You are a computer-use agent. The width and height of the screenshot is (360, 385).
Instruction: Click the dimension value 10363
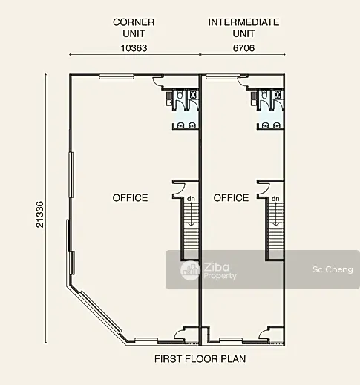(134, 48)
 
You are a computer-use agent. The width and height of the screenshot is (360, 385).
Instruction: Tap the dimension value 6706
(243, 48)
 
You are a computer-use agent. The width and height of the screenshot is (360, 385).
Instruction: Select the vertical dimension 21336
(40, 214)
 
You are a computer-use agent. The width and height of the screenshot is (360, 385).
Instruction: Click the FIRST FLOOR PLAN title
(200, 359)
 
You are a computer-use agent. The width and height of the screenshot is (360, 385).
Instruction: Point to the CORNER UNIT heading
(134, 27)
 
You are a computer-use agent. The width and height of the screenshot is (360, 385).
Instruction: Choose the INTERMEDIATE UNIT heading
(243, 27)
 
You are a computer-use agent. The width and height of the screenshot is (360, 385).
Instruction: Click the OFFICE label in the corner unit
(131, 198)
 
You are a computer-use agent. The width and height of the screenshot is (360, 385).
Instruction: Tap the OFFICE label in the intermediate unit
(231, 198)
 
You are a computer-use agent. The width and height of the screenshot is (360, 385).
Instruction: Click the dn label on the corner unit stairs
(191, 199)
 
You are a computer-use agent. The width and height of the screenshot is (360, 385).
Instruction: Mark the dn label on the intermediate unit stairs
(275, 199)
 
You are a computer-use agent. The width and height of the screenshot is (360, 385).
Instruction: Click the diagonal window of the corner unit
(100, 312)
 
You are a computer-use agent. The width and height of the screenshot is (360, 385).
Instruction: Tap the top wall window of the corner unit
(117, 76)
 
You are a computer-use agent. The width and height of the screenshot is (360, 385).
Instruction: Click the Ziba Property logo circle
(190, 271)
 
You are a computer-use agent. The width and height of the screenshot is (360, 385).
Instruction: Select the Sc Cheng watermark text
(333, 269)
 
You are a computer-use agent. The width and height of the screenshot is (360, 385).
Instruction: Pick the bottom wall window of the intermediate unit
(231, 340)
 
